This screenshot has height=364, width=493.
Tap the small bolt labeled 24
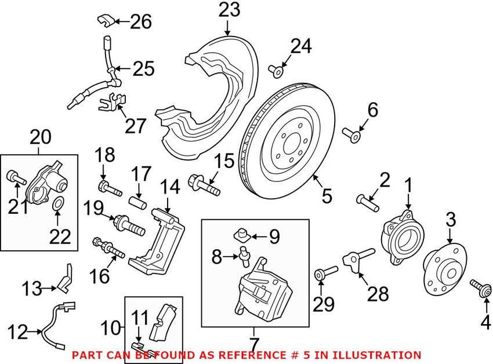[275, 71]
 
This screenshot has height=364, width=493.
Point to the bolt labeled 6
[352, 136]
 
